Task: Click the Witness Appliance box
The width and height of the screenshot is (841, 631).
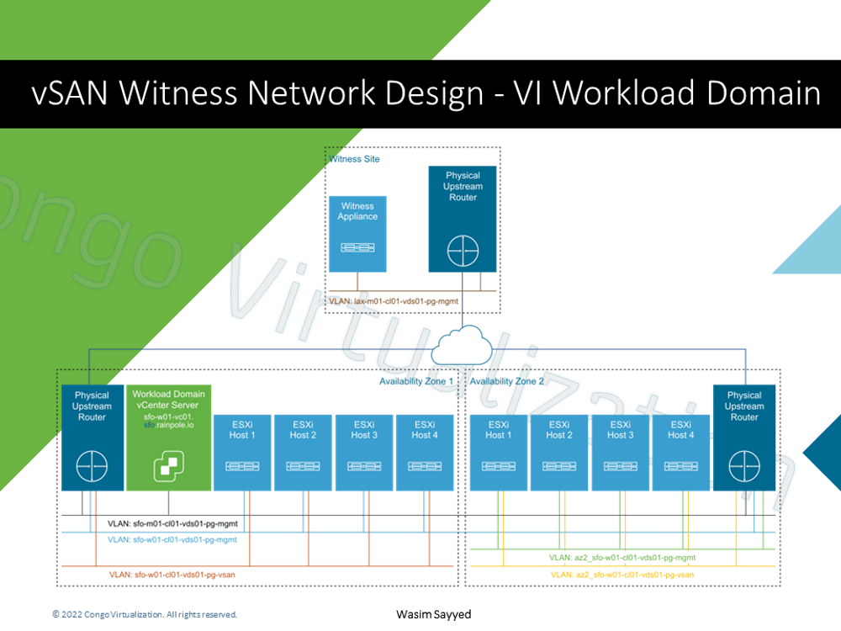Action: [357, 233]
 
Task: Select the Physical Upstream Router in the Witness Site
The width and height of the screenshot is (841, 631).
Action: [463, 219]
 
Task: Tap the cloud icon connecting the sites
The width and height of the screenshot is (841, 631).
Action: [461, 343]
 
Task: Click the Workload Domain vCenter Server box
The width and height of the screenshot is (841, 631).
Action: [168, 437]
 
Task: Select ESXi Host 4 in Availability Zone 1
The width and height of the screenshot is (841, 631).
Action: [425, 452]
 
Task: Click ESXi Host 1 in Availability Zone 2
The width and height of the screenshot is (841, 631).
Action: [498, 452]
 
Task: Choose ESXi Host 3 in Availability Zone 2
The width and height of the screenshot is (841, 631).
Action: [620, 452]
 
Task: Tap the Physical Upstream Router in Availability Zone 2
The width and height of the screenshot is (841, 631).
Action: [743, 437]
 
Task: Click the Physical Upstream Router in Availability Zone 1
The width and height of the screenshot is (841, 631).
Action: [92, 437]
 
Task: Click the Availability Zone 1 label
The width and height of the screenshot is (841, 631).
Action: [415, 381]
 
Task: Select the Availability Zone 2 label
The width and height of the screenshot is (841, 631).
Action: [507, 381]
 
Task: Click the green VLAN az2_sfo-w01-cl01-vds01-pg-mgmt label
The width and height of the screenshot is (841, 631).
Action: [622, 557]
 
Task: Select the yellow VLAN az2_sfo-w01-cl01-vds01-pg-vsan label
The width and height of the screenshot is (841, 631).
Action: [622, 574]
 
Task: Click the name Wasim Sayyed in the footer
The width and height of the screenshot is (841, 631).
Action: [433, 615]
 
